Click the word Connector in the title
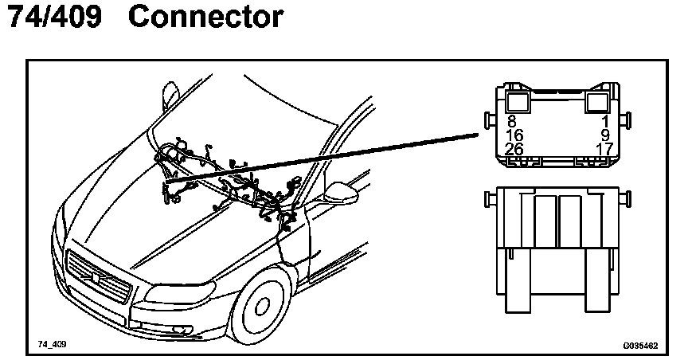[205, 18]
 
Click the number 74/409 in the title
[54, 18]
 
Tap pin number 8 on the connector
[511, 122]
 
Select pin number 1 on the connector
[605, 122]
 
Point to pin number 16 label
[514, 135]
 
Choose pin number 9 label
[604, 135]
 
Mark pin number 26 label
[514, 149]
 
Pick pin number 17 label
[602, 149]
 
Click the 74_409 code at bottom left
[50, 345]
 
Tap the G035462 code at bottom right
[640, 346]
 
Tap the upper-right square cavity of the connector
[599, 101]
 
